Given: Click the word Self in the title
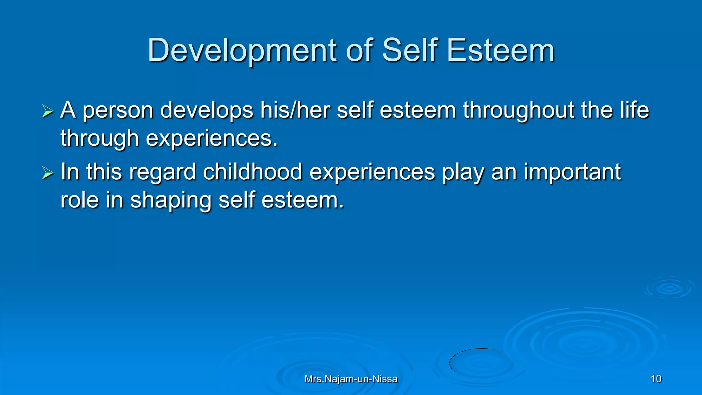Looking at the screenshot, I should [x=410, y=51].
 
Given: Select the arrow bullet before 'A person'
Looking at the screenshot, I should [x=48, y=111].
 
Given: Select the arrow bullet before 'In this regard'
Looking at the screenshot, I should [x=48, y=172].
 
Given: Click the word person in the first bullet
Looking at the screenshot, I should [x=118, y=110].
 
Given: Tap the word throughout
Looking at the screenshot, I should [x=518, y=110].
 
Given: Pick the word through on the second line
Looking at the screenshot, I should [x=100, y=139].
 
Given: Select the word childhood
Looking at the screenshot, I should [x=253, y=172].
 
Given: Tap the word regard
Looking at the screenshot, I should [x=162, y=172].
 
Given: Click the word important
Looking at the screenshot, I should [x=572, y=172].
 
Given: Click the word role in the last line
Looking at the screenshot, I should [x=80, y=200].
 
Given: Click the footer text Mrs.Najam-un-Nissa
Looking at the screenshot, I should [x=351, y=379].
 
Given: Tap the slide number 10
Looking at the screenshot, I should [x=656, y=379].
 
